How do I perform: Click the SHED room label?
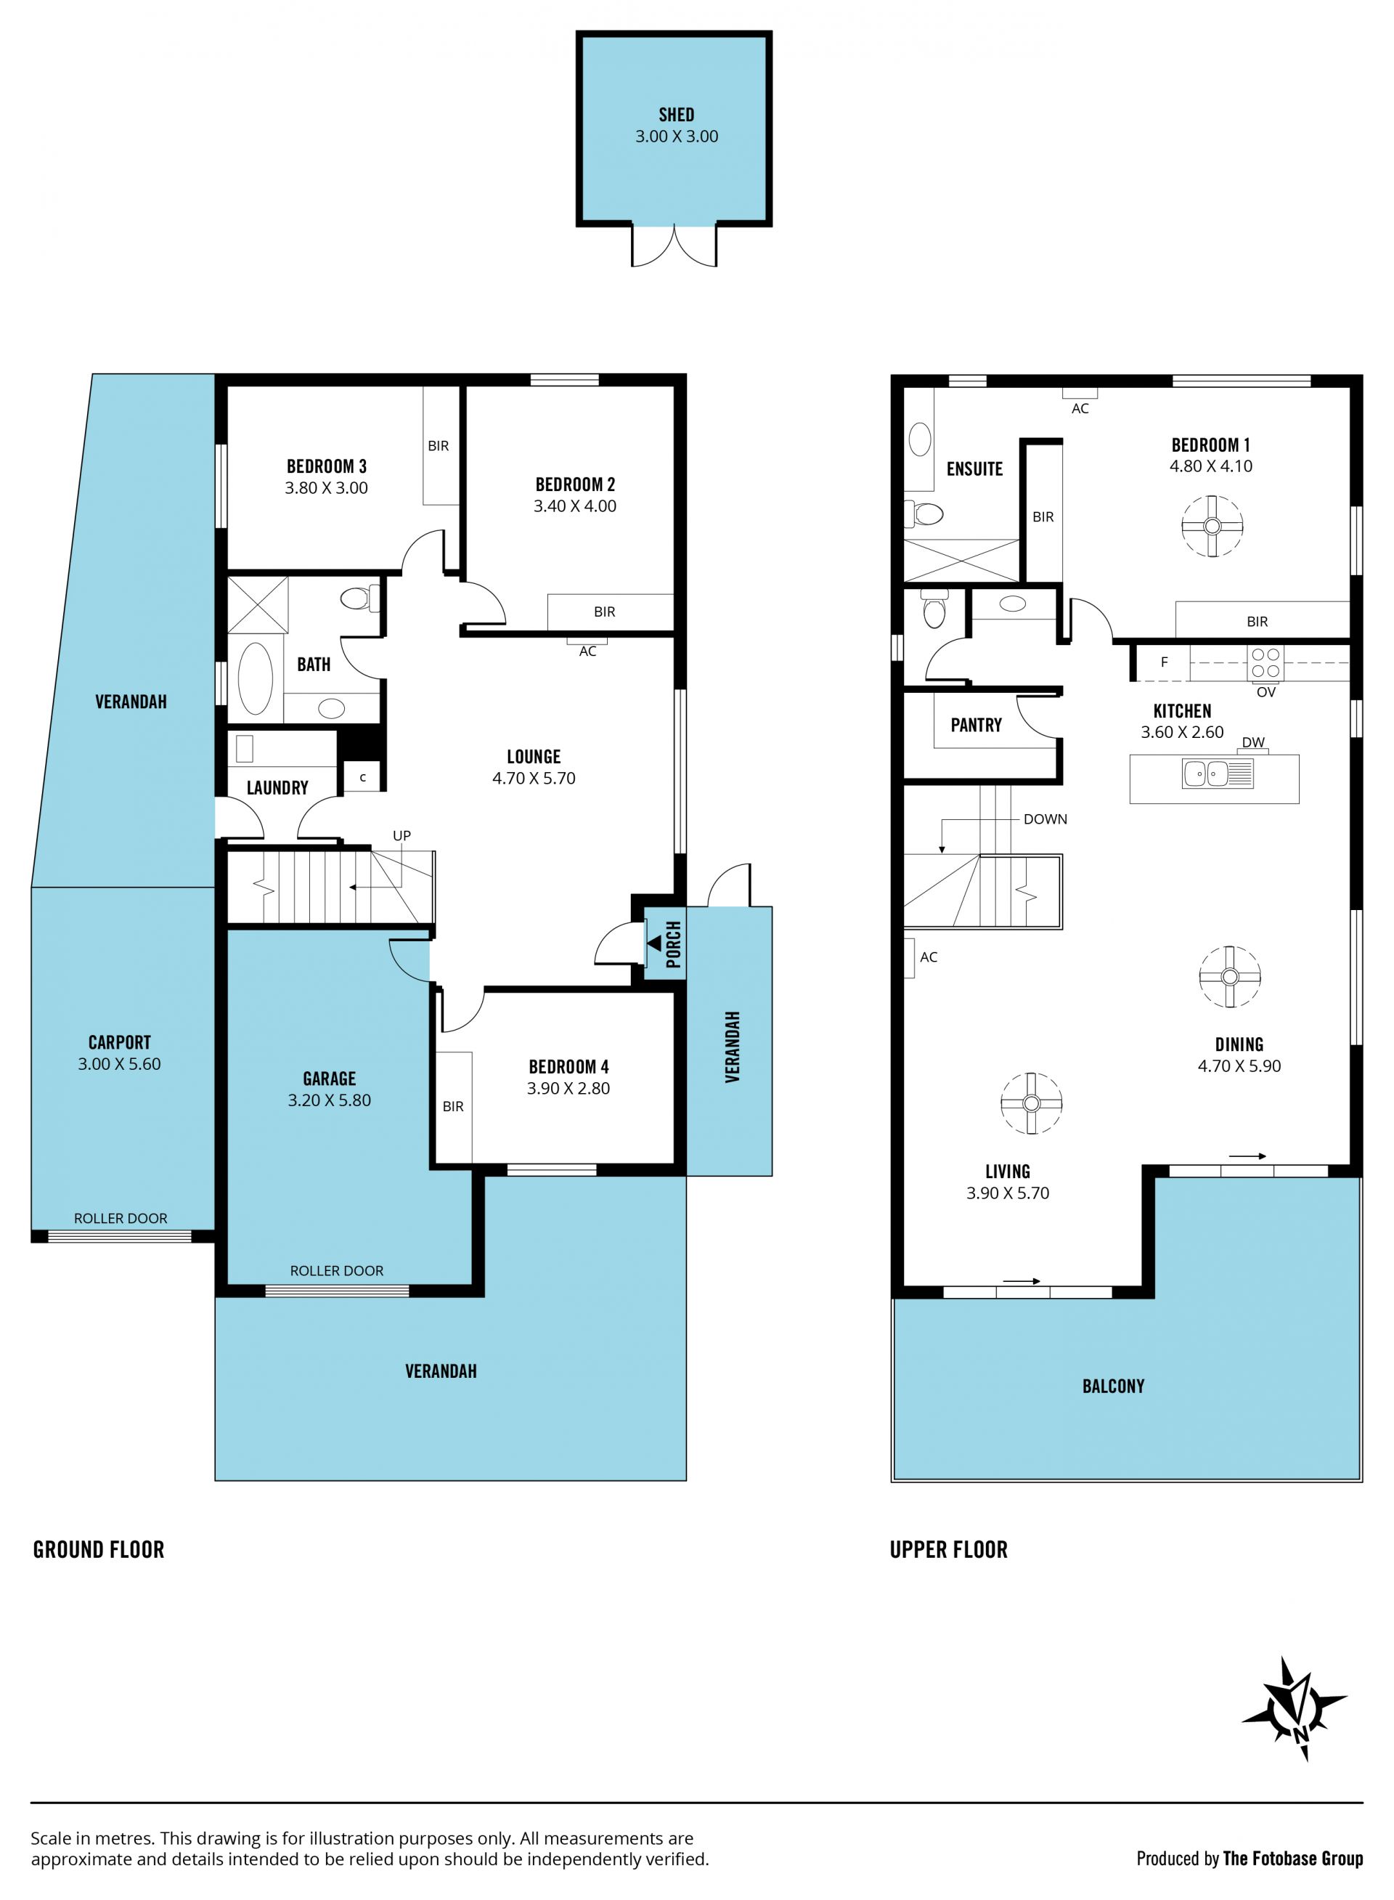[x=676, y=115]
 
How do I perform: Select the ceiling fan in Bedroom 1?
[x=1212, y=527]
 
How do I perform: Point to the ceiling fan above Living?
[x=1031, y=1103]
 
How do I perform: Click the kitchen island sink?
[x=1218, y=774]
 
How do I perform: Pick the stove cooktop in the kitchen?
[x=1265, y=662]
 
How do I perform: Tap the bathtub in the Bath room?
[x=255, y=678]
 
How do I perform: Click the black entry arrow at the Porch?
[x=654, y=942]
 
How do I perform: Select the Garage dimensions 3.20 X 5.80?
[x=329, y=1100]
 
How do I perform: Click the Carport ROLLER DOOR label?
[x=121, y=1218]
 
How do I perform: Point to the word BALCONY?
[x=1113, y=1386]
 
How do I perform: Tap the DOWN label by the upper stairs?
[x=1045, y=819]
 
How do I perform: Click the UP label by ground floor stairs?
[x=402, y=836]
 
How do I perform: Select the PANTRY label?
[x=977, y=725]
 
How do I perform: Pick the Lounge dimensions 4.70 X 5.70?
[x=534, y=779]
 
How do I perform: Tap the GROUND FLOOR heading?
[x=99, y=1550]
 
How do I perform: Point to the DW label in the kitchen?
[x=1253, y=742]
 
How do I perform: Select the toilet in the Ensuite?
[x=925, y=511]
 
